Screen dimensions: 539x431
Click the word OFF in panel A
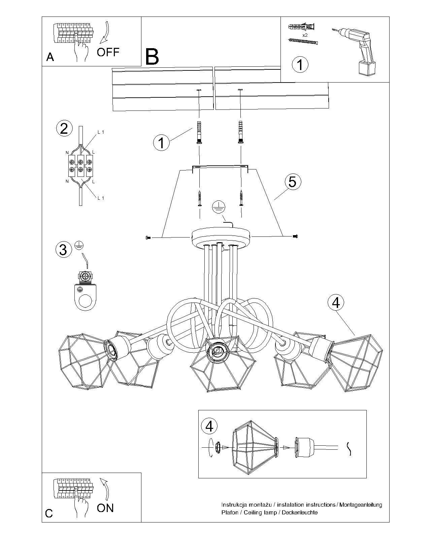tap(108, 52)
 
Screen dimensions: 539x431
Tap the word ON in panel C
tap(105, 508)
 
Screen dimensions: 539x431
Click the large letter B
tap(152, 57)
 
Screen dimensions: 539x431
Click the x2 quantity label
tap(305, 35)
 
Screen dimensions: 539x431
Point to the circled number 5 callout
tap(292, 182)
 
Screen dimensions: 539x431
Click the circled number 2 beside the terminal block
tap(64, 129)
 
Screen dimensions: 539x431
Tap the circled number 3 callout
tap(63, 250)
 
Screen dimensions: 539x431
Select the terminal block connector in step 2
tap(80, 166)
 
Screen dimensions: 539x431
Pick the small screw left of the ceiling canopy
tap(147, 238)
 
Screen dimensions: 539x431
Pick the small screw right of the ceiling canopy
tap(295, 236)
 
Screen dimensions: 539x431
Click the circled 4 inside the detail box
tap(209, 426)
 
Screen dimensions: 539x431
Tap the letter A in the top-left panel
tap(50, 57)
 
